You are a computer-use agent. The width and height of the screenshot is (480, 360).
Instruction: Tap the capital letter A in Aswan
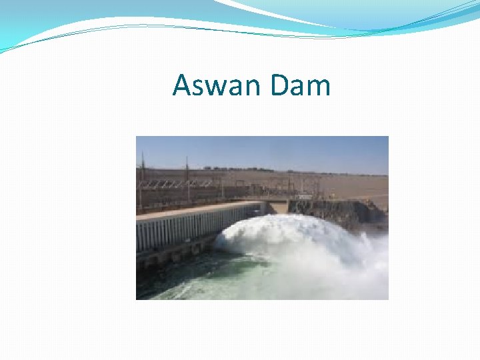coord(182,86)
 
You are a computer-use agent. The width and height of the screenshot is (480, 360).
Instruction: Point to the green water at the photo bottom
coord(200,283)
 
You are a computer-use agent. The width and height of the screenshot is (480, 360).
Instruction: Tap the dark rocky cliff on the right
coord(347,212)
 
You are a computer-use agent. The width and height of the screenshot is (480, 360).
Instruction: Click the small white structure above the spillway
coord(304,196)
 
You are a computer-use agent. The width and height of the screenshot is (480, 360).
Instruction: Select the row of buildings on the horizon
coord(267,168)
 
